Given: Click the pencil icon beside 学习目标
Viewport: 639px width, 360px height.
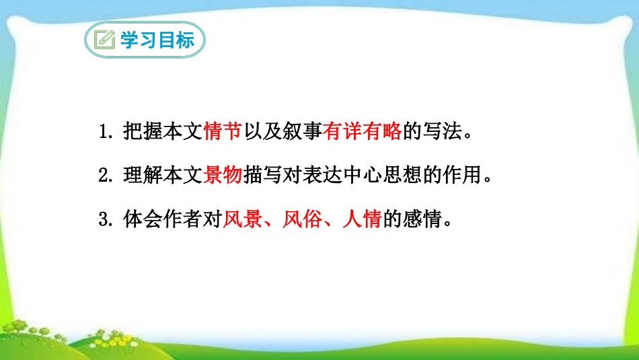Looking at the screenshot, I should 105,40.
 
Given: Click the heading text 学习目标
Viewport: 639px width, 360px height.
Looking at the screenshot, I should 157,40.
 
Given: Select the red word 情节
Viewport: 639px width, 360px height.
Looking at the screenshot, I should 222,132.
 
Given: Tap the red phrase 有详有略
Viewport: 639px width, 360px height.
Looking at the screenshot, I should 362,132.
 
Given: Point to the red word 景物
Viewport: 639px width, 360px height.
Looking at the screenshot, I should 222,176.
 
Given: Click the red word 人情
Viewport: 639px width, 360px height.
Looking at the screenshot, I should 362,219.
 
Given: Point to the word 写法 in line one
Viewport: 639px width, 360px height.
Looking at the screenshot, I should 442,132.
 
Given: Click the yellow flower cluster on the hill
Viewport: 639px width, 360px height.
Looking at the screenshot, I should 108,336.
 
